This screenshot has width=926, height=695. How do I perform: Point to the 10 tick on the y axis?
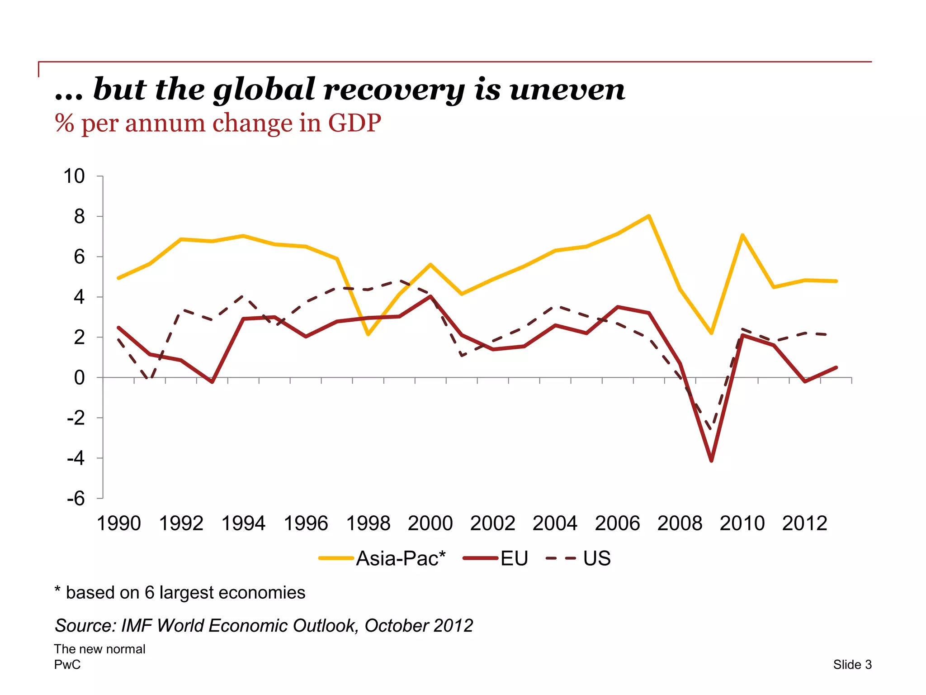point(74,176)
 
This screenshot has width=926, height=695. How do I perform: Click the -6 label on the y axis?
point(76,499)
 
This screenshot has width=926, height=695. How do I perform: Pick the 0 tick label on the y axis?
point(79,378)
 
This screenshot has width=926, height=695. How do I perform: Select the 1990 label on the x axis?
point(119,524)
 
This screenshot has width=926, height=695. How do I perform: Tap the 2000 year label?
point(430,524)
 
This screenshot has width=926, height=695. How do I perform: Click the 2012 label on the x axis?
point(804,524)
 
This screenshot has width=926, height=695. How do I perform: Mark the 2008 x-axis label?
point(680,524)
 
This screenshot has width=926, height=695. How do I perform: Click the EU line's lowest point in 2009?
point(711,461)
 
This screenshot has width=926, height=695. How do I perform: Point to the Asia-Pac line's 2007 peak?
point(649,216)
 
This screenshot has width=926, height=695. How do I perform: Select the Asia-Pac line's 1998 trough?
point(368,334)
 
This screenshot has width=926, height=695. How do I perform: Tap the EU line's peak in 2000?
point(430,296)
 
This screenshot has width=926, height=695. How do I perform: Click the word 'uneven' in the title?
point(567,90)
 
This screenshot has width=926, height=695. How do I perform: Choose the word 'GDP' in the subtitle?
point(354,123)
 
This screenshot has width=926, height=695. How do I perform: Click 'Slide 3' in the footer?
point(852,665)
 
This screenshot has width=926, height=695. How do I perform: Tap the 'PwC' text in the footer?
point(67,665)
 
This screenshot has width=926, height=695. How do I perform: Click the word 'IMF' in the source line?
point(137,626)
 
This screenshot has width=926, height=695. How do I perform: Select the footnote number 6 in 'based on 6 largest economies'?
point(150,593)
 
